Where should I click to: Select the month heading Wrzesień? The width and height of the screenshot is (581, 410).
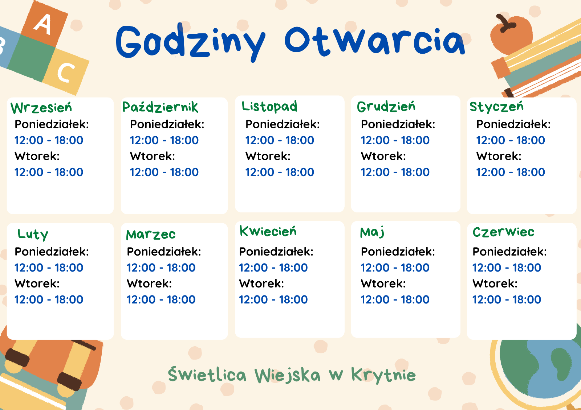coord(41,108)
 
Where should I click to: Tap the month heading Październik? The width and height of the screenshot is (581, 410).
coord(160,107)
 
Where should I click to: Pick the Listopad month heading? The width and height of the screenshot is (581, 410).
coord(269,107)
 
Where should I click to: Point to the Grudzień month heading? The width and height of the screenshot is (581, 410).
coord(386,107)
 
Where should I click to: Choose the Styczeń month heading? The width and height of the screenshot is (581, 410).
coord(496,107)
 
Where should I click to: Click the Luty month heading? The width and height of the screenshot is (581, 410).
coord(33,235)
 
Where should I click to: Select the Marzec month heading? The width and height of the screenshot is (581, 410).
coord(151,235)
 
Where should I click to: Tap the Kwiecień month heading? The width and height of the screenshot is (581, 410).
coord(268,231)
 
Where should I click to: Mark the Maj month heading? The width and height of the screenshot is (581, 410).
coord(372,232)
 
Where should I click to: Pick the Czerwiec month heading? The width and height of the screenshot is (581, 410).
coord(503,232)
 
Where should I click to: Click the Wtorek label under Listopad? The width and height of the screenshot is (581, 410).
coord(268,156)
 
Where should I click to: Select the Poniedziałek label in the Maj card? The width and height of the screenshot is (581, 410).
coord(398,252)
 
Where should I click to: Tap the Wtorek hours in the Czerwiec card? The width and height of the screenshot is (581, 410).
coord(507,299)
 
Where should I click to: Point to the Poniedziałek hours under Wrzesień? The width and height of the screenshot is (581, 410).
coord(49,140)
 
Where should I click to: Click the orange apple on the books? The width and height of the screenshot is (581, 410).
coord(511,34)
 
